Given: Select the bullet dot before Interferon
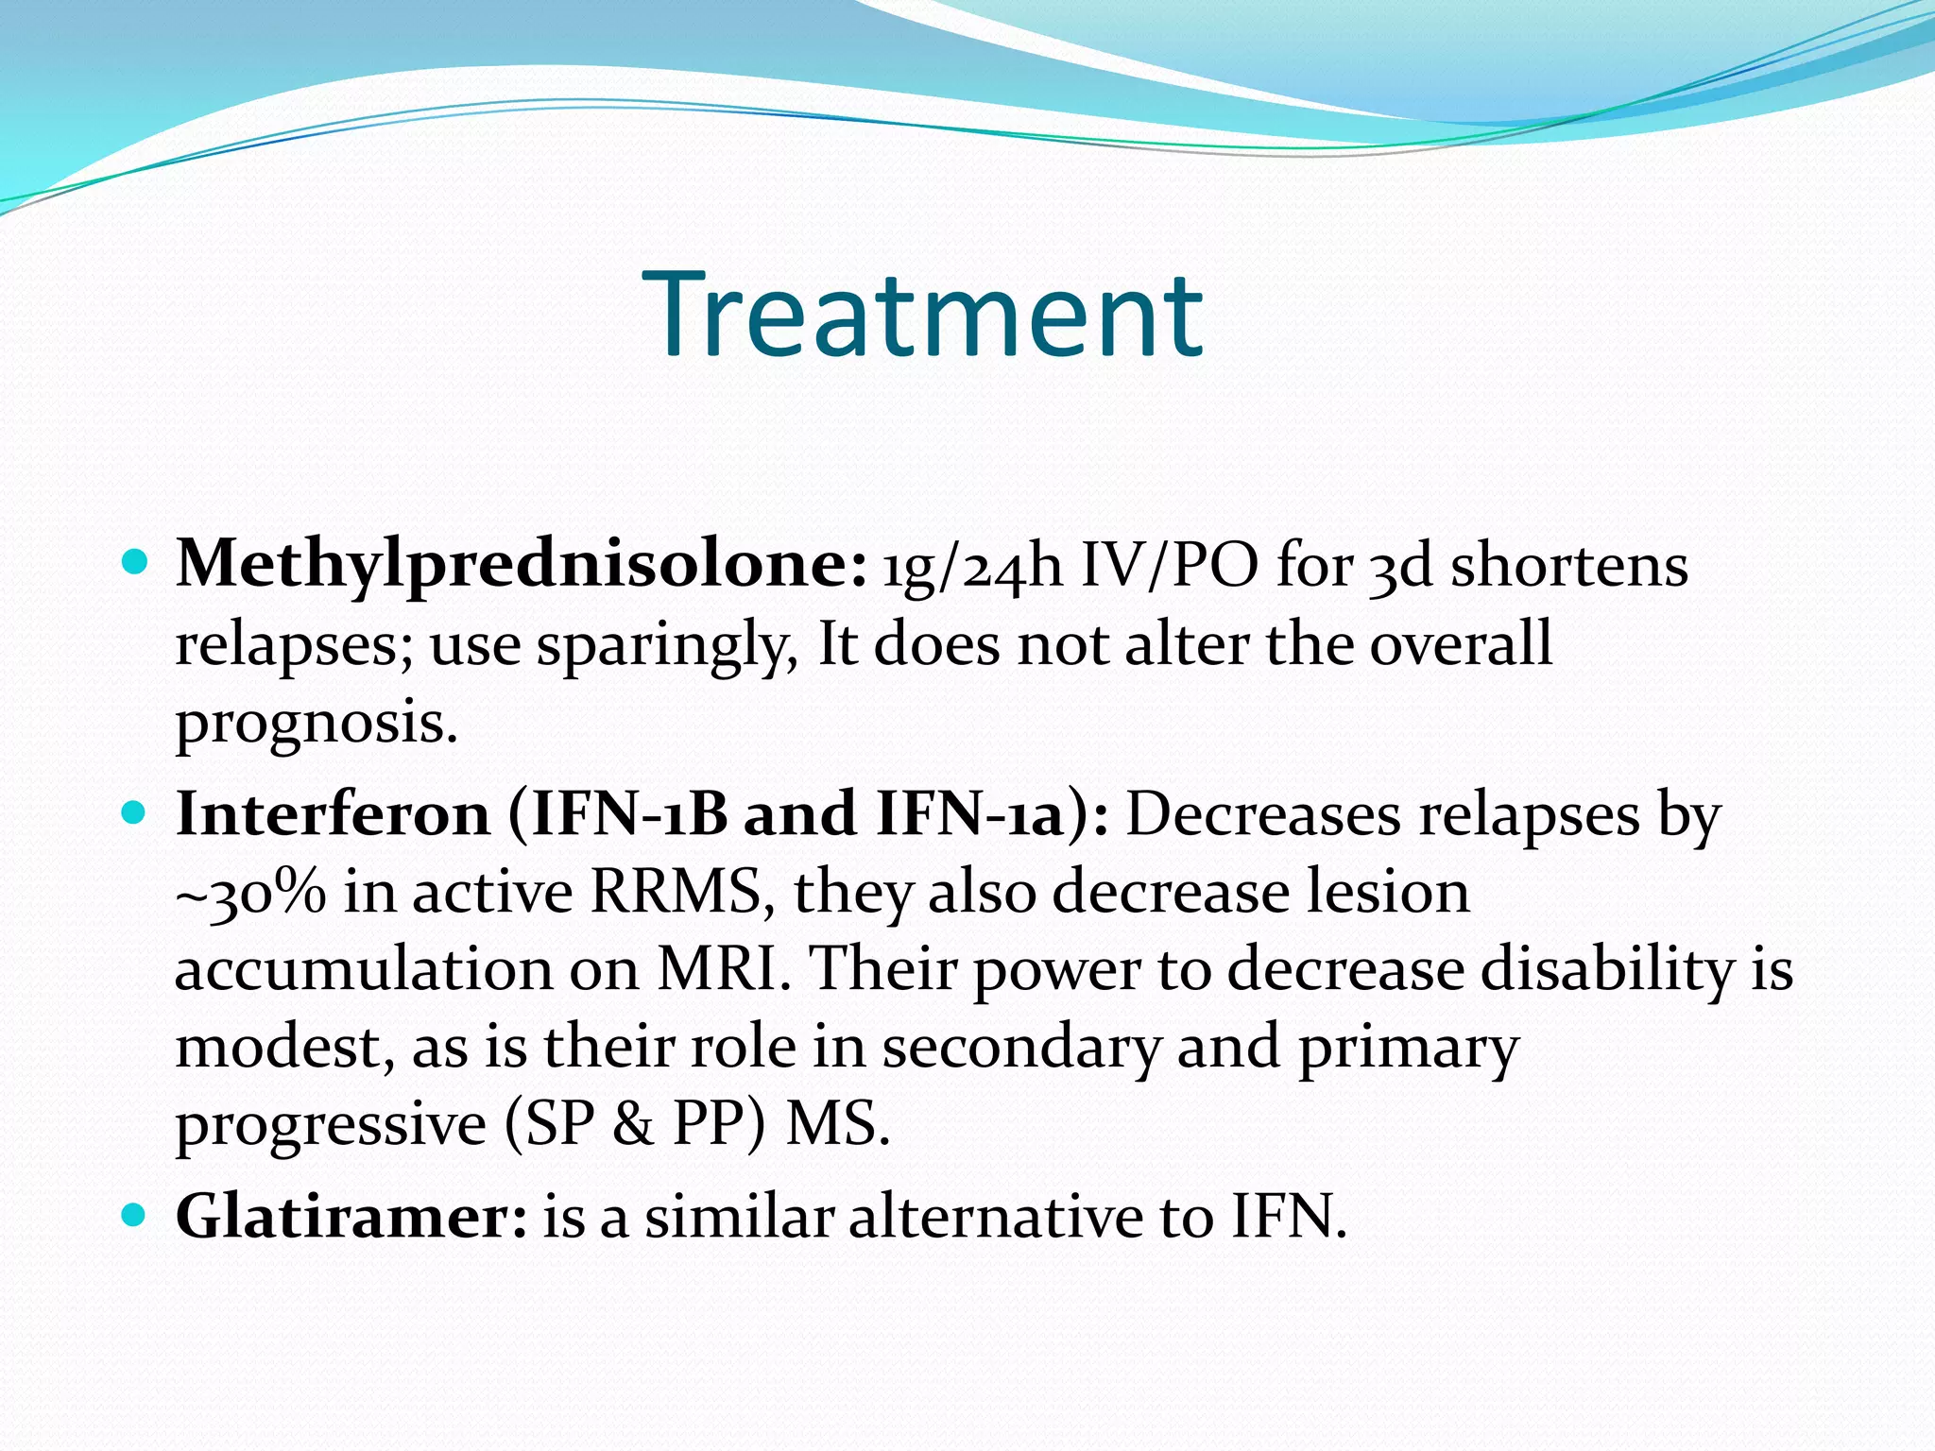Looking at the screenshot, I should tap(136, 812).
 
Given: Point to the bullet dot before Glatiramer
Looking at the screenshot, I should tap(136, 1214).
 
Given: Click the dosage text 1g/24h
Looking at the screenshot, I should tap(972, 567).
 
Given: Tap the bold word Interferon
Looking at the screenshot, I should tap(333, 813).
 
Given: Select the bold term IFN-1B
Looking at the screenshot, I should tap(629, 813).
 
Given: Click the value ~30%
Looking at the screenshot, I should tap(250, 893).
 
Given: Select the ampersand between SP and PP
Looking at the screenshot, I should tap(632, 1125).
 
